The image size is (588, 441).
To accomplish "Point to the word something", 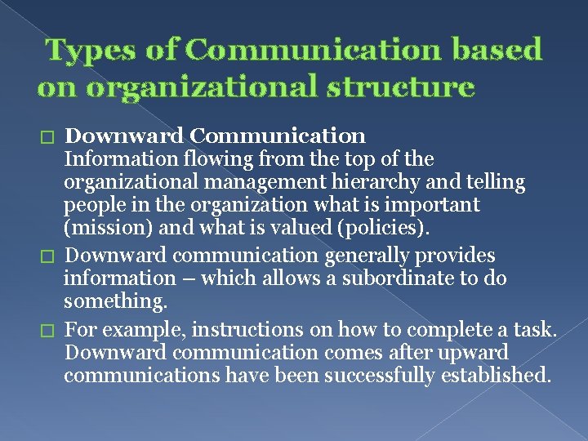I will click(x=115, y=302).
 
